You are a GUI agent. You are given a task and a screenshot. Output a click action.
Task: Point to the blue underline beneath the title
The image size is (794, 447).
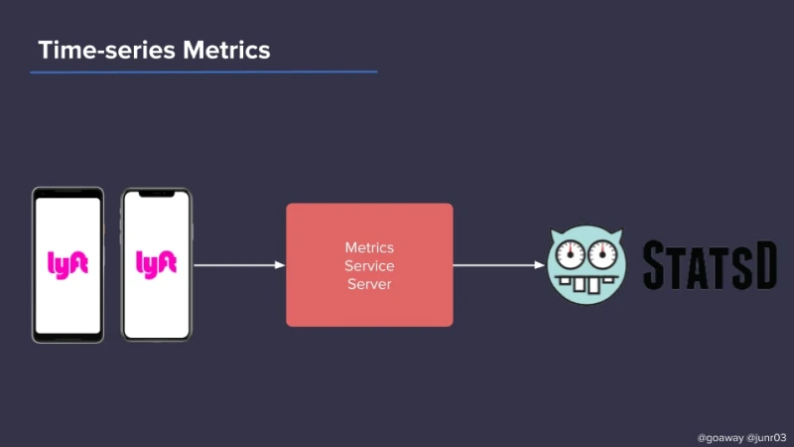pos(203,72)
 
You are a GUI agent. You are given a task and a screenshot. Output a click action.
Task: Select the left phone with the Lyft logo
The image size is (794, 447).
pos(67,264)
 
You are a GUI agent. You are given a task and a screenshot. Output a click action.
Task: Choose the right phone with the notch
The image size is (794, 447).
pos(156,264)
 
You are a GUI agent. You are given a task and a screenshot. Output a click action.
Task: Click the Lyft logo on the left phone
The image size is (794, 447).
pos(67,263)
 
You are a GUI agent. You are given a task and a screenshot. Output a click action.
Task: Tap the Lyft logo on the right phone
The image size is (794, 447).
pos(156,263)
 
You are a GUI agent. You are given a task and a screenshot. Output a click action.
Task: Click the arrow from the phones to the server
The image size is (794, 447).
pos(238,265)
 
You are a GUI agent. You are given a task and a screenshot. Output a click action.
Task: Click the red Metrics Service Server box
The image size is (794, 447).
pos(369,265)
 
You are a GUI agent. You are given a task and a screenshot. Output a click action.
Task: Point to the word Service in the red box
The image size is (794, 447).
pos(369,265)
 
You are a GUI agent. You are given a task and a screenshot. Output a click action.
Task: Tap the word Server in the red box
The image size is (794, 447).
pos(369,284)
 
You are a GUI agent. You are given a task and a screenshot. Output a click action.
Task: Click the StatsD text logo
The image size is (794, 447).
pos(709,265)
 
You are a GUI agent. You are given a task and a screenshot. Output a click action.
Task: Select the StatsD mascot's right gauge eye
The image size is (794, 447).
pos(602,255)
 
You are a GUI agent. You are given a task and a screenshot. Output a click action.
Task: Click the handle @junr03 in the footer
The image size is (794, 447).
pos(766,436)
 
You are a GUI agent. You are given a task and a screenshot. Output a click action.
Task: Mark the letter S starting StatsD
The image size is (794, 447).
pos(659,265)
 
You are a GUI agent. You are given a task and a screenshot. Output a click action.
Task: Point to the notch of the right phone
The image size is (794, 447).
pos(156,195)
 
